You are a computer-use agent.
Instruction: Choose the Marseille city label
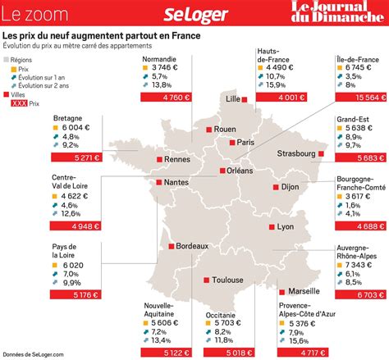tap(304, 291)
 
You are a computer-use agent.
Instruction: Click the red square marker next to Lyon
tap(272, 226)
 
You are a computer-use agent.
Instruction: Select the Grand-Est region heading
tap(351, 118)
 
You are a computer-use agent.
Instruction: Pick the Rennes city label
tap(154, 159)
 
